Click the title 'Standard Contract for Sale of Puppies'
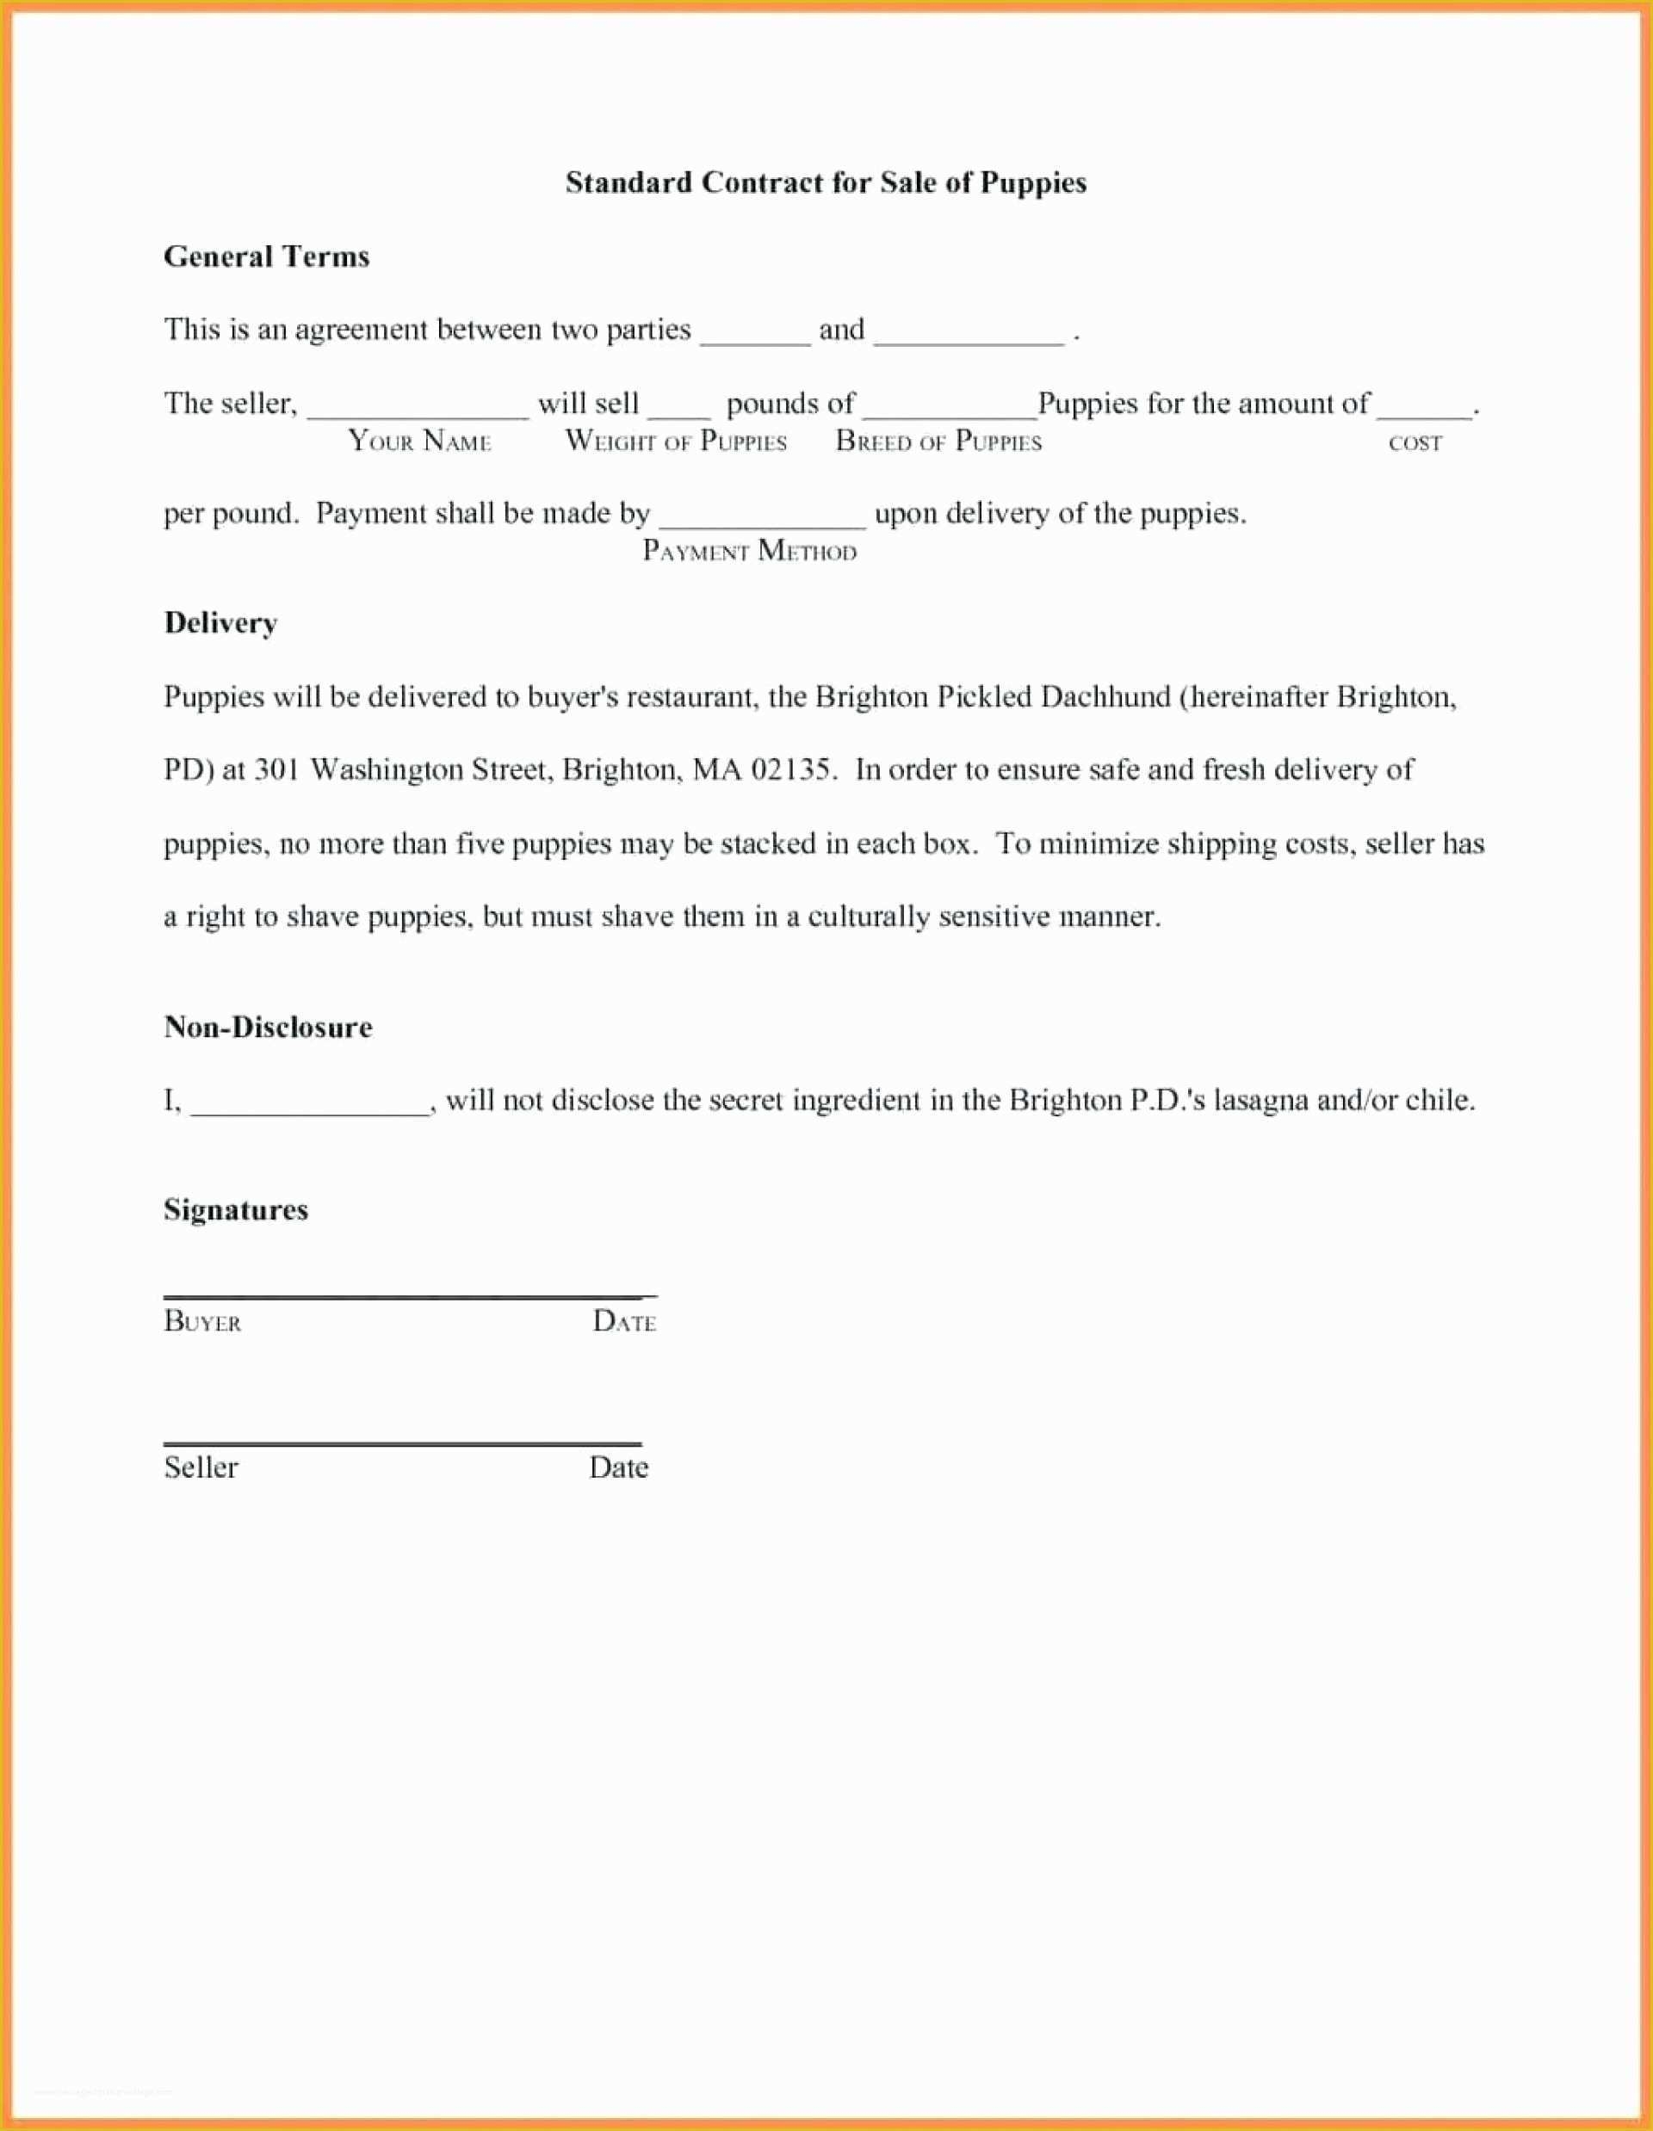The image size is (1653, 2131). coord(826,182)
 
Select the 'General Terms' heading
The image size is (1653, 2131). coord(266,256)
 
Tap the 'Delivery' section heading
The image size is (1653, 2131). coord(220,622)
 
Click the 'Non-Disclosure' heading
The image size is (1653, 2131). coord(269,1027)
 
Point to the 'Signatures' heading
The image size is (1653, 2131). coord(236,1210)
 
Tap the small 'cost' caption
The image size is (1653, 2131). coord(1415,443)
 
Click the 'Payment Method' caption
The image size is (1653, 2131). coord(749,552)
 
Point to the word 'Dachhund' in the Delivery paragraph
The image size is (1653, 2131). coord(1105,696)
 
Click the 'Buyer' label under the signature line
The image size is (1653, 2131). coord(203,1321)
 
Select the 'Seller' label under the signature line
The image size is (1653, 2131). coord(201,1467)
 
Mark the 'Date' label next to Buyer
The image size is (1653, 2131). coord(624,1321)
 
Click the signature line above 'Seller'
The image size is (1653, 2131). coord(402,1442)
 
